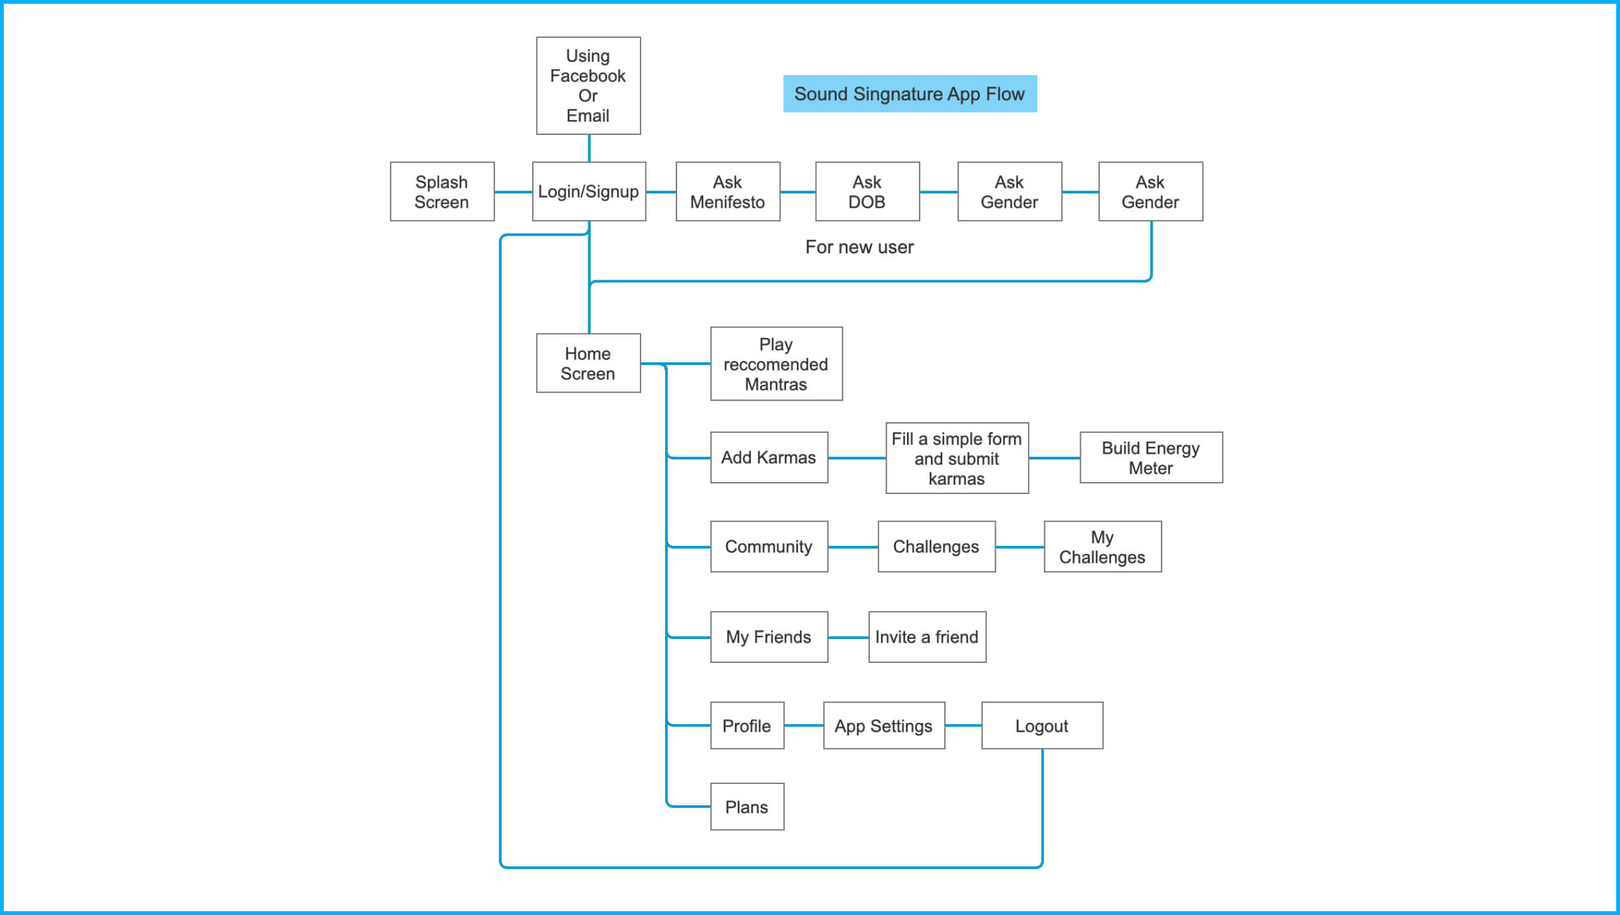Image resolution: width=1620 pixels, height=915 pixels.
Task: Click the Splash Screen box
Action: tap(442, 192)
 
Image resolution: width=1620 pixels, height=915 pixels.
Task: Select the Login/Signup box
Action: tap(588, 192)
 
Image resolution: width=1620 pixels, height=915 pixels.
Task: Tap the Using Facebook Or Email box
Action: tap(588, 86)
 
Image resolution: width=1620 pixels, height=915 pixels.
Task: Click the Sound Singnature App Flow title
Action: tap(909, 94)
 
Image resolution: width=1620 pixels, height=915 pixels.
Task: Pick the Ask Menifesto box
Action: tap(727, 192)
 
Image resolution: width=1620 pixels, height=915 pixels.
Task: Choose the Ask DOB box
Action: tap(867, 192)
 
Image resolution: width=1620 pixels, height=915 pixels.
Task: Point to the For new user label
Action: tap(858, 247)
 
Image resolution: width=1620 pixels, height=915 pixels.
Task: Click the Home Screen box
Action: tap(588, 364)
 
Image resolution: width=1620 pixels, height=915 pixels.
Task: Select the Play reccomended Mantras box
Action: tap(775, 364)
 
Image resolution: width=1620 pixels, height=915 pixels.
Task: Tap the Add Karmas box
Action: tap(768, 457)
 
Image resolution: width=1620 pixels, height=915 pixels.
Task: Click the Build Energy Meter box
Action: tap(1150, 457)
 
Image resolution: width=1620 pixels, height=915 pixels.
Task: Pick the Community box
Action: tap(768, 546)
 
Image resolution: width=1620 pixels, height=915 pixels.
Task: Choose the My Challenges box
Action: tap(1102, 546)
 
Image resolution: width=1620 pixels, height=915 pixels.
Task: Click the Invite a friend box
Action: tap(927, 637)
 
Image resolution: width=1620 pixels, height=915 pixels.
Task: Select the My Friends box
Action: tap(768, 637)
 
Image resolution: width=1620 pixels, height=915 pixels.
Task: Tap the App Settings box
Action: tap(883, 726)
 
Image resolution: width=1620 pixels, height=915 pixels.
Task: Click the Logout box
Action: tap(1041, 726)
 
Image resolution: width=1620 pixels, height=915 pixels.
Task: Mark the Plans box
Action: tap(746, 807)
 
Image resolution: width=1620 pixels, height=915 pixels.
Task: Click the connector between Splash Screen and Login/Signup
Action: tap(513, 192)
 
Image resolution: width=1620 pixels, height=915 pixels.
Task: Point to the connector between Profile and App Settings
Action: tap(803, 726)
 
